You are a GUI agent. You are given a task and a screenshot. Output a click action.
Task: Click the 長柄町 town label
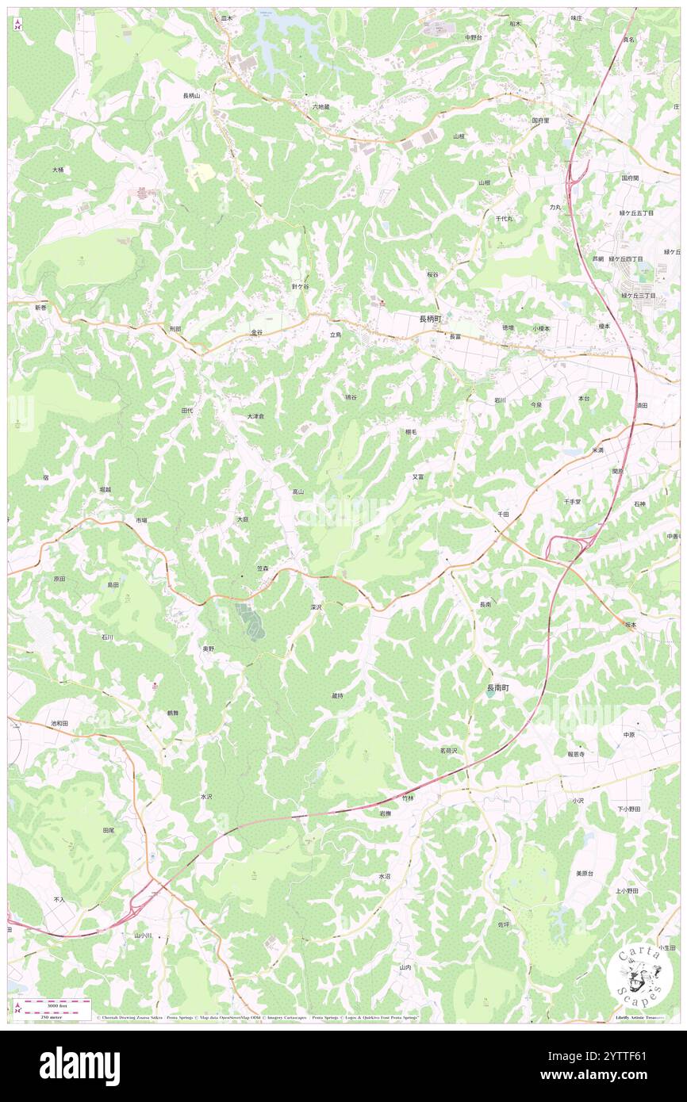[434, 318]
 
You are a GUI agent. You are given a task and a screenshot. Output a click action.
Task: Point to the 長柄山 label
[192, 95]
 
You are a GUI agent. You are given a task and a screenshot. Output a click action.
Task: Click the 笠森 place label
[267, 568]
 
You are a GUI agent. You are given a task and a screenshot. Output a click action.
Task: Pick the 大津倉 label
[254, 416]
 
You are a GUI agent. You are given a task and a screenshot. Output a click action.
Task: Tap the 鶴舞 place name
[172, 714]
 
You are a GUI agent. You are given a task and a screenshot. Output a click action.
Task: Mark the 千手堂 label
[573, 502]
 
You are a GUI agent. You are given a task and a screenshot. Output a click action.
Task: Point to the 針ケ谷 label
[300, 285]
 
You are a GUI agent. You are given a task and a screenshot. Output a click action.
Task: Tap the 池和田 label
[59, 724]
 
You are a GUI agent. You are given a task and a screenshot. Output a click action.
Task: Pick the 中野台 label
[474, 36]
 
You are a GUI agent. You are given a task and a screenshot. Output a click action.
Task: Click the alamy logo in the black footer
[79, 1066]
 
